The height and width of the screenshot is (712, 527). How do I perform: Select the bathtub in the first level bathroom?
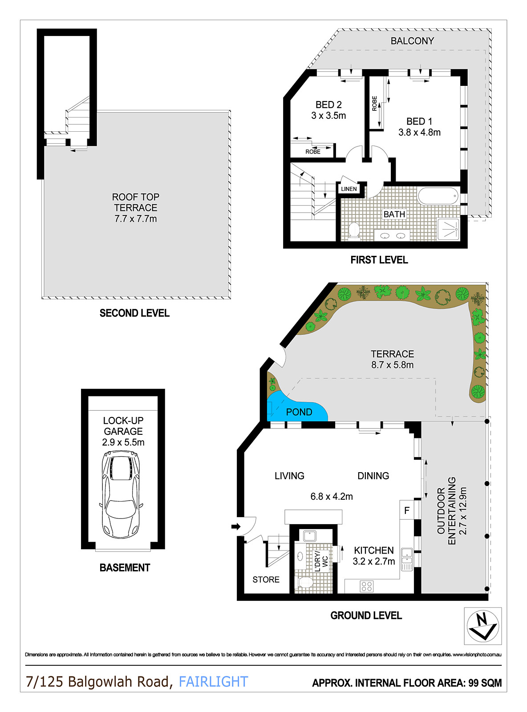438,196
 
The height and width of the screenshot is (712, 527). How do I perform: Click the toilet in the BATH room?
354,230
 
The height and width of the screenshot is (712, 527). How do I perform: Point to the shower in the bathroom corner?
448,229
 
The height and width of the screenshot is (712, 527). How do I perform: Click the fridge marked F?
406,510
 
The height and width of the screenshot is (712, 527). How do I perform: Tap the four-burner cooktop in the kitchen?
367,586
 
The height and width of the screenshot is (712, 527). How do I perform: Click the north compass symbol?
482,626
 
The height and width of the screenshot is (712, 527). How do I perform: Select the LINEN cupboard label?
349,189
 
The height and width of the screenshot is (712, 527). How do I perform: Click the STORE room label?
266,579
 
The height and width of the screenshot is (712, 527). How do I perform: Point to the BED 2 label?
328,105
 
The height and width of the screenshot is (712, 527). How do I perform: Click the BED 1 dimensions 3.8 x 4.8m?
419,133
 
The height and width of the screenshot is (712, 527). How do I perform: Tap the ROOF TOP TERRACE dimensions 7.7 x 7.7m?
135,219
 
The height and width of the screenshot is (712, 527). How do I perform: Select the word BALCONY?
412,41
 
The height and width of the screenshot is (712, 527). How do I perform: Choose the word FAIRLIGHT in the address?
213,682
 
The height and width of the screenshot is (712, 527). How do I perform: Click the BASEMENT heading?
125,568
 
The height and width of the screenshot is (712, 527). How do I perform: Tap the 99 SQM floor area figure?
485,683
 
